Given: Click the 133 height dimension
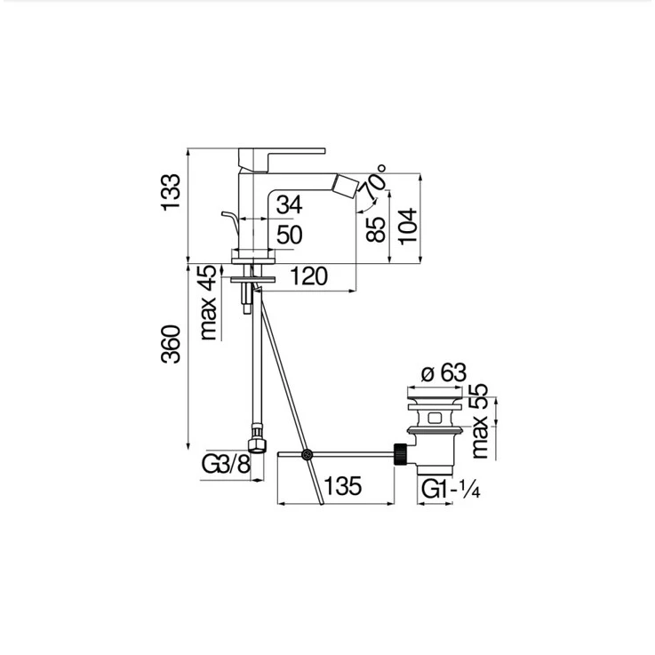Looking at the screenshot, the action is [172, 192].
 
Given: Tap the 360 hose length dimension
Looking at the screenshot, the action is [172, 344].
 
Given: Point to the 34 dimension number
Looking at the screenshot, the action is [289, 204].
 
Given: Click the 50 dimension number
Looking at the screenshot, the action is [289, 235].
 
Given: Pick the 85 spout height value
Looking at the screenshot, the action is [376, 230].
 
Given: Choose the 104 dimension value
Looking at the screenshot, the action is [408, 226].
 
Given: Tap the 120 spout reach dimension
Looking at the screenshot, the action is [308, 276].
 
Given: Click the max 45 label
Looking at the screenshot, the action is [209, 303].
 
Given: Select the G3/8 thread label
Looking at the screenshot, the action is [226, 464].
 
